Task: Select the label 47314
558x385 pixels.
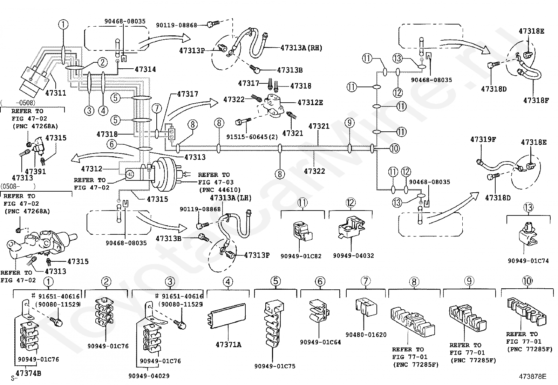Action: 145,69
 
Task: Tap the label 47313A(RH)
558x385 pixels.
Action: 301,48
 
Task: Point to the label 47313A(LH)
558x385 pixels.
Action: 231,198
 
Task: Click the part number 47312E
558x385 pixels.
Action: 310,103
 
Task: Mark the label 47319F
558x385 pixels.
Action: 483,139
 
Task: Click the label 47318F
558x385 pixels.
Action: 536,100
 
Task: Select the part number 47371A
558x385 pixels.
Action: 228,344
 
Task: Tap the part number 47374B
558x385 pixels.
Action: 28,373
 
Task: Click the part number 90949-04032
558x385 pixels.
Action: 353,256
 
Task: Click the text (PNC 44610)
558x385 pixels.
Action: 219,190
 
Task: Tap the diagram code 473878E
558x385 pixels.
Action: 533,377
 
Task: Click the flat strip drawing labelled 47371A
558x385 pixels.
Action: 228,315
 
